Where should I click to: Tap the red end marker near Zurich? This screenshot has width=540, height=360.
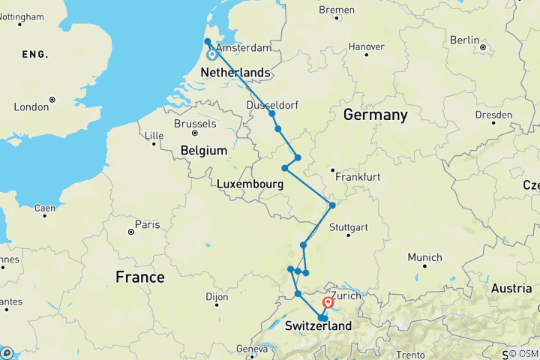pyautogui.click(x=328, y=303)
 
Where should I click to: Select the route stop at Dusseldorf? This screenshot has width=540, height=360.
pyautogui.click(x=272, y=113)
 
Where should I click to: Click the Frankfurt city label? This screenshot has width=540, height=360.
pyautogui.click(x=359, y=177)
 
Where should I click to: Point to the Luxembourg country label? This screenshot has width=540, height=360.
pyautogui.click(x=250, y=184)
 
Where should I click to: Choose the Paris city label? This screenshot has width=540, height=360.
pyautogui.click(x=147, y=224)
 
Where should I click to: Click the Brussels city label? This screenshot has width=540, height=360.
pyautogui.click(x=194, y=124)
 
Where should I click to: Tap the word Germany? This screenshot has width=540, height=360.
pyautogui.click(x=375, y=115)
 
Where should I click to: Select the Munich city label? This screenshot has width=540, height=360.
pyautogui.click(x=424, y=257)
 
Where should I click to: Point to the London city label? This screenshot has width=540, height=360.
pyautogui.click(x=31, y=106)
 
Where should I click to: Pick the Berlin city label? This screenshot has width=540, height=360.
pyautogui.click(x=465, y=40)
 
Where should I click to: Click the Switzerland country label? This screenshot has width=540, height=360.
pyautogui.click(x=318, y=327)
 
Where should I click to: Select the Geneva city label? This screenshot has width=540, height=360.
pyautogui.click(x=251, y=349)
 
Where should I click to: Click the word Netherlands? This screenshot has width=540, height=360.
pyautogui.click(x=235, y=72)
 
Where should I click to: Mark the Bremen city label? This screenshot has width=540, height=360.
pyautogui.click(x=336, y=10)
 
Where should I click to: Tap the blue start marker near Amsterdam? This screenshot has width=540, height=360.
pyautogui.click(x=212, y=54)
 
